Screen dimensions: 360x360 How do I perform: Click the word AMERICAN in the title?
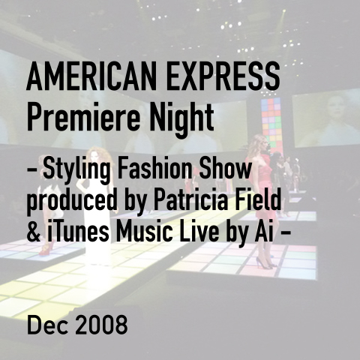tap(92, 76)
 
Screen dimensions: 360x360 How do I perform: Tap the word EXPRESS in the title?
tap(223, 76)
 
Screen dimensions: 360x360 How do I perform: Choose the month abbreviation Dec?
tap(47, 324)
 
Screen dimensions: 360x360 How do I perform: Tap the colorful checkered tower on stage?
tap(272, 125)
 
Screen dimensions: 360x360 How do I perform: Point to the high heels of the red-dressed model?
tap(265, 263)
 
